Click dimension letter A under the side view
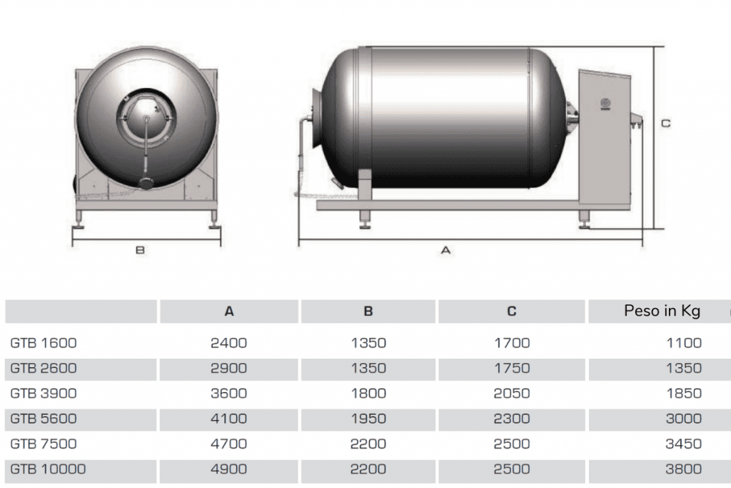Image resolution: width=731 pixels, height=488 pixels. click(x=445, y=250)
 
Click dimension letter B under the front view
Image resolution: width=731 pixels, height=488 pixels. click(x=140, y=250)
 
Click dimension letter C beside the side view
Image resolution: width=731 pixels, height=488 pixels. click(x=666, y=124)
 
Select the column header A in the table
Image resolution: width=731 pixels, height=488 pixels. click(x=229, y=312)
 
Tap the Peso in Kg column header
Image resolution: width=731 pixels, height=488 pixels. click(x=662, y=312)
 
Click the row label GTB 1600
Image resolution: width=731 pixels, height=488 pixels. click(x=44, y=343)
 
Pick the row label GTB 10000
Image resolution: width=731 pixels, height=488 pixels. click(x=48, y=469)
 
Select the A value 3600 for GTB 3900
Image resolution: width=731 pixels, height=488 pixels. click(x=228, y=393)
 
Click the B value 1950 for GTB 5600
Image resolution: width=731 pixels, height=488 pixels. click(x=368, y=419)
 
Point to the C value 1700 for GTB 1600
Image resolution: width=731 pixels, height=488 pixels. click(x=512, y=343)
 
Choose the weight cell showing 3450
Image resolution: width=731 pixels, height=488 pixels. click(x=683, y=444)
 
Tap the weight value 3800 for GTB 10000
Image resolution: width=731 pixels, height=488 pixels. click(x=683, y=469)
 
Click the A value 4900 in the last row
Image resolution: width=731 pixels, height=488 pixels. click(x=228, y=469)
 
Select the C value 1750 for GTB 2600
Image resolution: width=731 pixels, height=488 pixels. click(x=512, y=368)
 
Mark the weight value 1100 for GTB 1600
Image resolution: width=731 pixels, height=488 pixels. click(x=684, y=343)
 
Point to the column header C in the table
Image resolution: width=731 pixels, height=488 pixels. click(x=511, y=312)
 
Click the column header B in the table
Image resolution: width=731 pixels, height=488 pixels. click(x=368, y=312)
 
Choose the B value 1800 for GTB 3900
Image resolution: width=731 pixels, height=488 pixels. click(x=368, y=393)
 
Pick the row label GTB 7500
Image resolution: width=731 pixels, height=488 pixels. click(x=44, y=444)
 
